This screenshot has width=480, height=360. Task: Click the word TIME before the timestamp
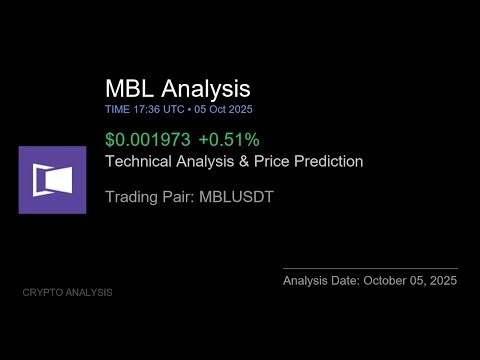point(117,109)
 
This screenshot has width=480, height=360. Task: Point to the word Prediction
point(328,160)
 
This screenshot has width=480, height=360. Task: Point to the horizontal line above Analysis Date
point(370,268)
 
